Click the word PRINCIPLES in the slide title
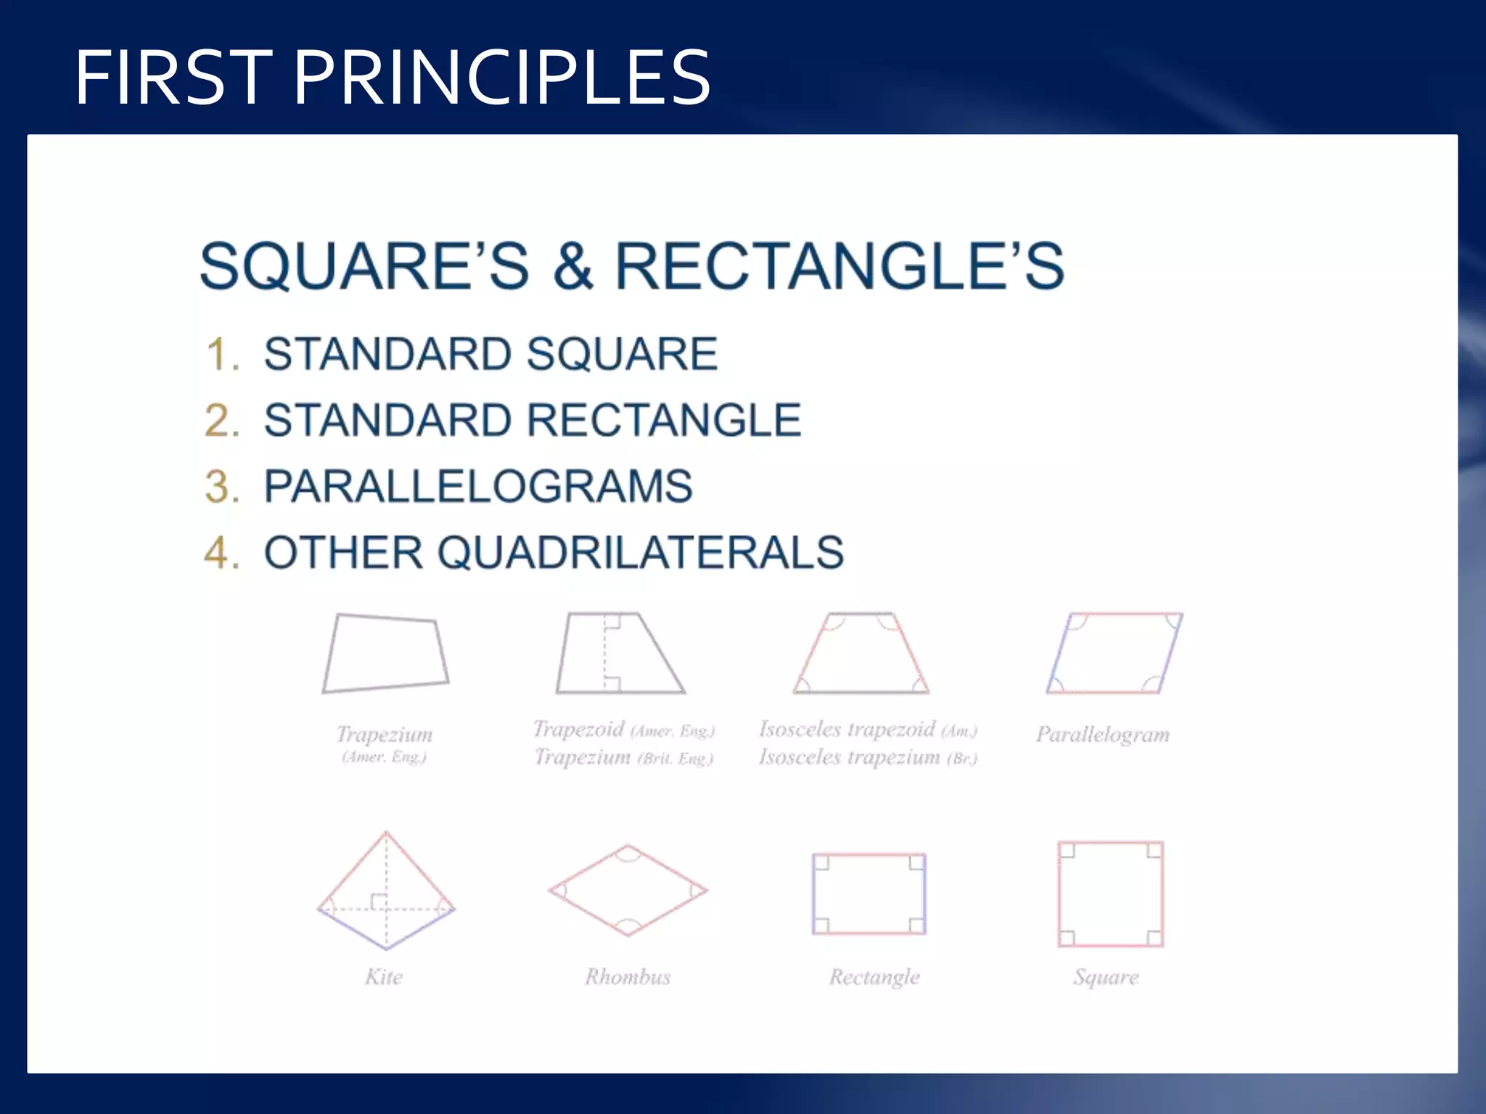click(501, 77)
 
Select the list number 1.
click(222, 355)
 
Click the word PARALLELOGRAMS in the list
click(478, 487)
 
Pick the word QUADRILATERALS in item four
click(641, 553)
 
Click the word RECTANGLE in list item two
click(664, 421)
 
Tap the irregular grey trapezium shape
click(385, 653)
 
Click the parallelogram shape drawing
click(1114, 653)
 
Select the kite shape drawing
click(386, 892)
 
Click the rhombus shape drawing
click(628, 890)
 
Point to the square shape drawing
click(1110, 894)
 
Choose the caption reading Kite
click(384, 977)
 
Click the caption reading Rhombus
click(628, 977)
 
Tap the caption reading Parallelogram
click(1102, 735)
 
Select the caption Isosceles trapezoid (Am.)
click(868, 729)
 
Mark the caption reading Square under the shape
click(1106, 977)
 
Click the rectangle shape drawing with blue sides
click(869, 894)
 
